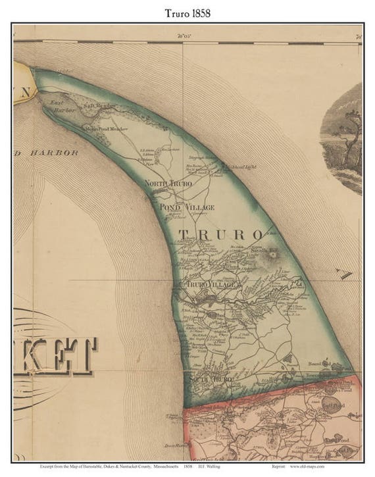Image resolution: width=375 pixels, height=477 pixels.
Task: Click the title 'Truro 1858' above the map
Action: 187,13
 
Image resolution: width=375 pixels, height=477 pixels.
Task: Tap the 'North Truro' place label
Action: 168,183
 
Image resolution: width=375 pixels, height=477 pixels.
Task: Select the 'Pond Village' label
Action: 187,207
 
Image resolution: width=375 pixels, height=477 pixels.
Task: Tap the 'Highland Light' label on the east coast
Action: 238,168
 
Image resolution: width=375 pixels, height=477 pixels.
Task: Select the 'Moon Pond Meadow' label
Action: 104,128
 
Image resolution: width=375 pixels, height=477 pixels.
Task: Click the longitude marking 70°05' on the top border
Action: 184,37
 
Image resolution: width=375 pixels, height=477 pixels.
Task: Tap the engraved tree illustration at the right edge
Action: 345,138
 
